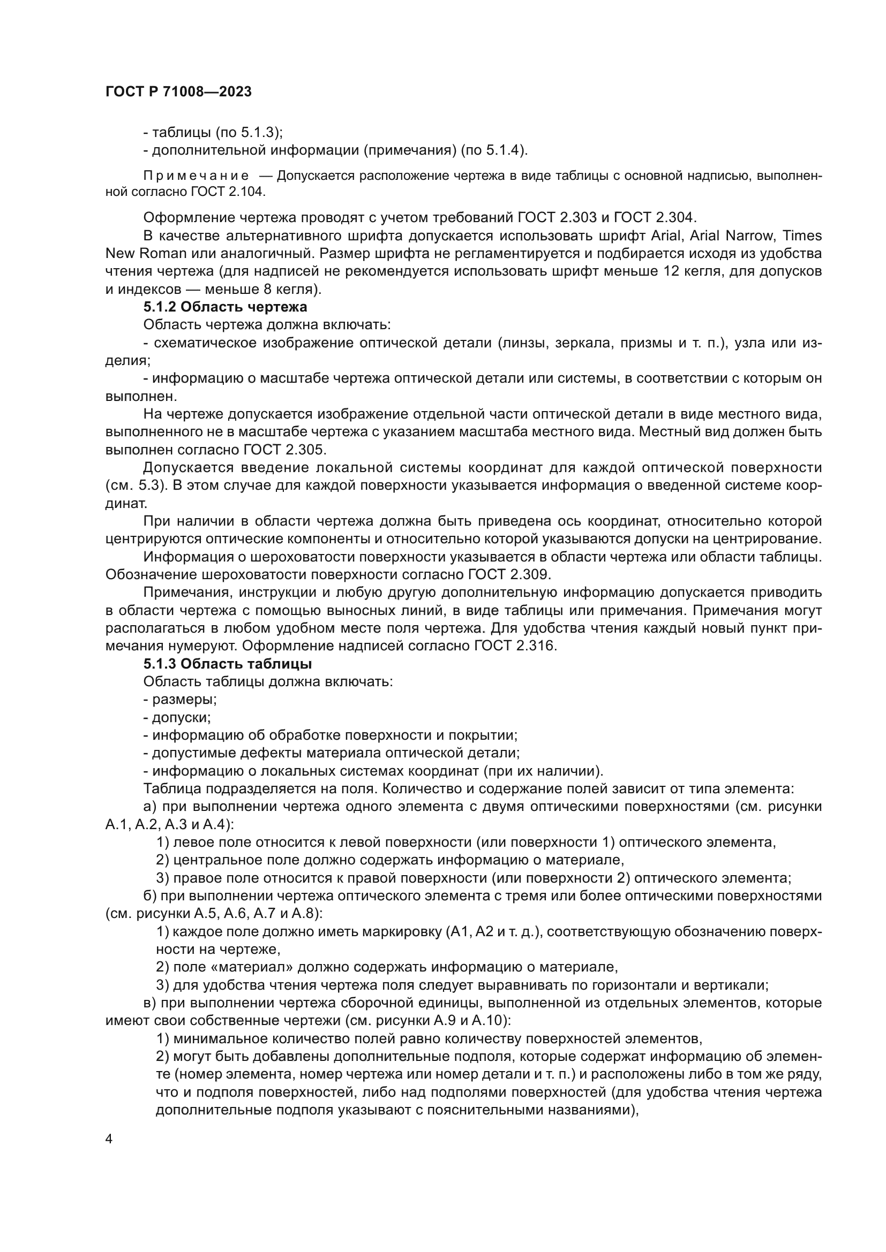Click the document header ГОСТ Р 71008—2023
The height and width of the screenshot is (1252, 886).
[x=178, y=92]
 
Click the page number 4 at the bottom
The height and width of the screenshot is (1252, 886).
[x=109, y=1139]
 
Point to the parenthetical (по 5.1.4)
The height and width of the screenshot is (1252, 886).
[x=494, y=150]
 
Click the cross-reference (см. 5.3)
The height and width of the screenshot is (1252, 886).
[x=136, y=485]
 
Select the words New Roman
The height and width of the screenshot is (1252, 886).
[x=146, y=254]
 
